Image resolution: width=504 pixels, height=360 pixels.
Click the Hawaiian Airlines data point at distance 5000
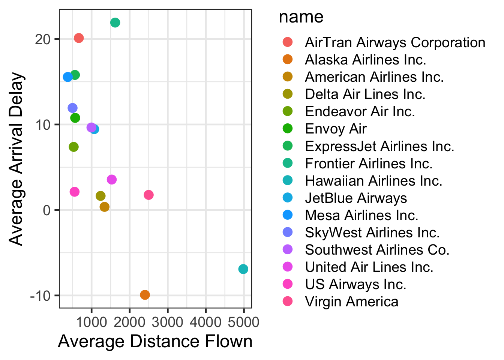pos(243,269)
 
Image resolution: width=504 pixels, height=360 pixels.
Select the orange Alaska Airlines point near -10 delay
pos(145,295)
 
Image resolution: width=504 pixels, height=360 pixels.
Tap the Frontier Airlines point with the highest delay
pos(115,22)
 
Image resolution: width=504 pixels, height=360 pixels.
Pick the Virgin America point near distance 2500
pos(148,195)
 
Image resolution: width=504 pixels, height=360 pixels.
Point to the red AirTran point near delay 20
pos(79,38)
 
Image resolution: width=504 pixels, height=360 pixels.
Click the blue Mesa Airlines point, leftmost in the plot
pos(67,77)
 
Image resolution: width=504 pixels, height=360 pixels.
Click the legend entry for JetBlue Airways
pos(355,198)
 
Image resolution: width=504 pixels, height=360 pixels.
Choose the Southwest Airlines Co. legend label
pos(377,250)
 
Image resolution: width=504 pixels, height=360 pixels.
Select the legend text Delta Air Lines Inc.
pos(365,94)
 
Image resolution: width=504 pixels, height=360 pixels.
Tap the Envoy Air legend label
pos(336,129)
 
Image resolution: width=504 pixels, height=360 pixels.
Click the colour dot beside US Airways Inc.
pos(288,284)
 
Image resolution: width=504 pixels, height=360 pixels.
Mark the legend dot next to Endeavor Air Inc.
pos(288,111)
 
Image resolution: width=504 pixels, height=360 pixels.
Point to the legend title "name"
pos(301,17)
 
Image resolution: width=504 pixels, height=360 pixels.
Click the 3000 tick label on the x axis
pos(167,322)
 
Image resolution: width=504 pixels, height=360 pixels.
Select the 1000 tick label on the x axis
pos(91,322)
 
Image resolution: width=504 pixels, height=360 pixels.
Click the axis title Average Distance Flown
pos(155,342)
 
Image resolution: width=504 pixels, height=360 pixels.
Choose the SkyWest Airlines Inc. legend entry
pos(372,232)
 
